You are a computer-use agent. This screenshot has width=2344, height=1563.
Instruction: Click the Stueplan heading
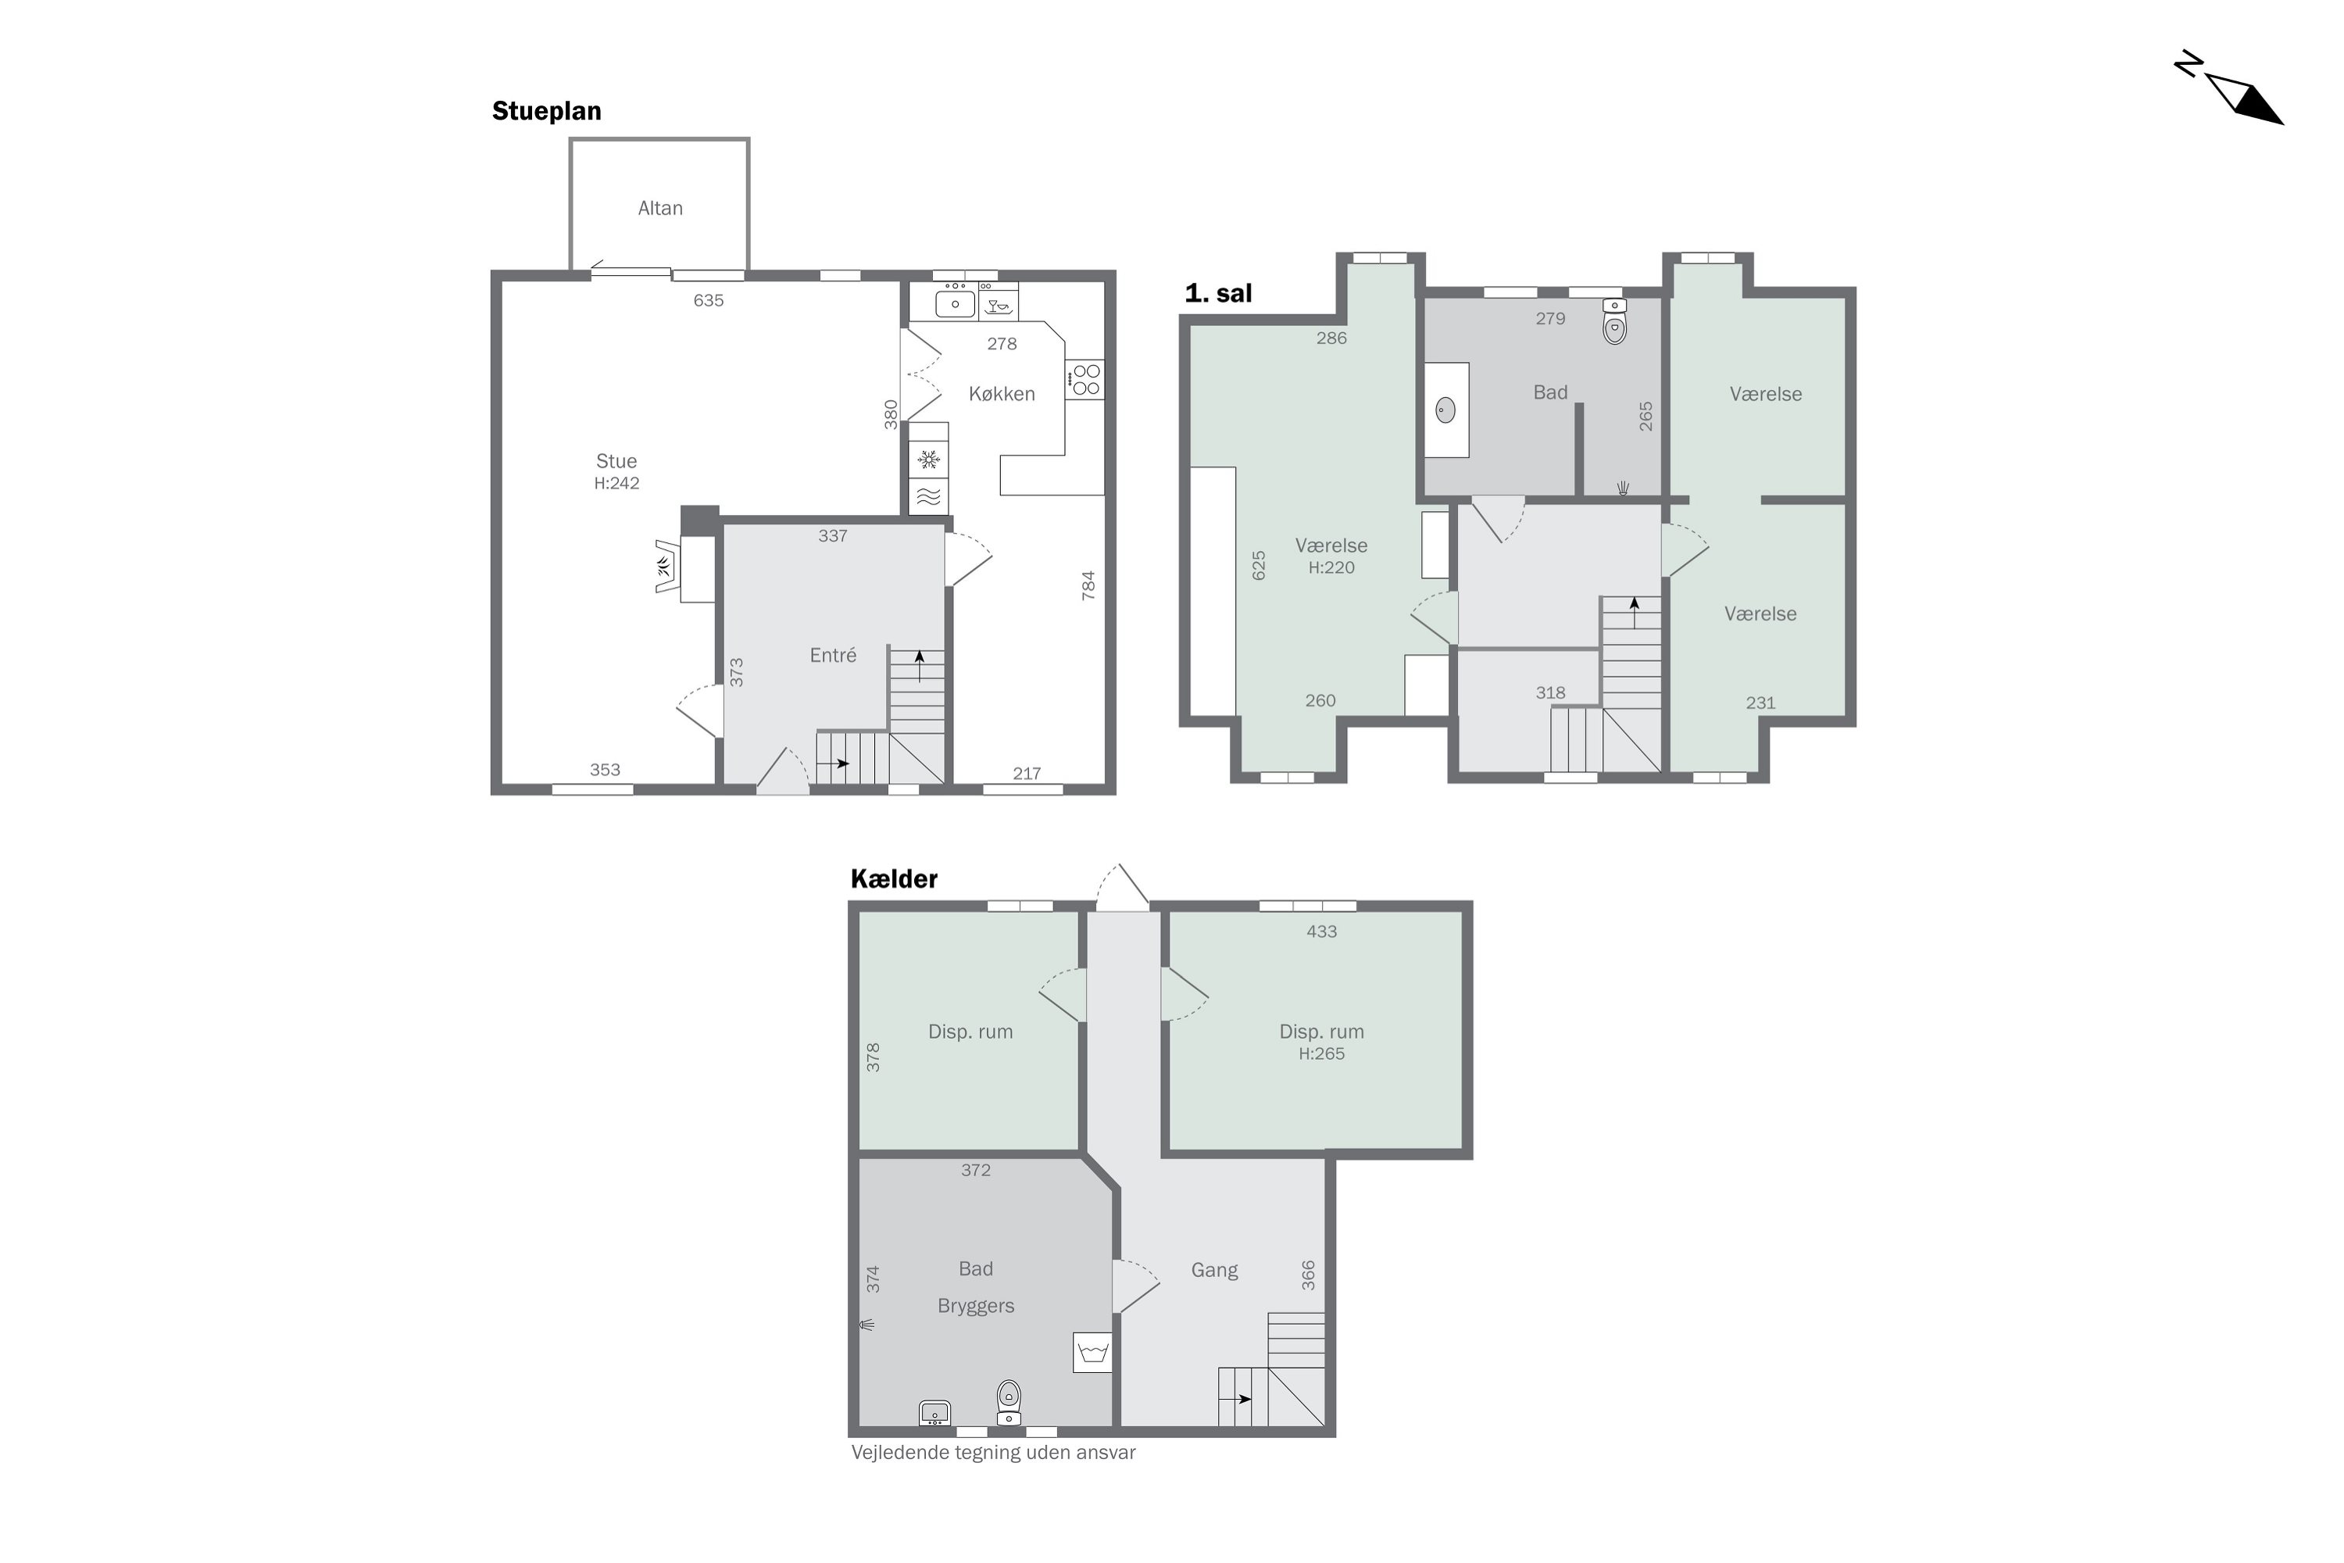[546, 111]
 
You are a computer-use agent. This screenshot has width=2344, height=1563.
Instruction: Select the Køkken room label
[1002, 394]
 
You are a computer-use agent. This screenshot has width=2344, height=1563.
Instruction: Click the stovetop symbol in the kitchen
[1085, 380]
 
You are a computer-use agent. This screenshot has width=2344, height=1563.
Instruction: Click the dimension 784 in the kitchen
[1088, 585]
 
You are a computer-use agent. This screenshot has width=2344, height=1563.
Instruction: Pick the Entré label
[833, 655]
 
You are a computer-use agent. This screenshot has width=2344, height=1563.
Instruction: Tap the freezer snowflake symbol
[929, 460]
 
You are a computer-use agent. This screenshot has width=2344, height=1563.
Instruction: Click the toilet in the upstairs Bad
[1614, 322]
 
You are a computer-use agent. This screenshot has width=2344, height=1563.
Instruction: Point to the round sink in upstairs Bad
[1445, 410]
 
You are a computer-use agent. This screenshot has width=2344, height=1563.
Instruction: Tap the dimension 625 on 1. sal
[1259, 565]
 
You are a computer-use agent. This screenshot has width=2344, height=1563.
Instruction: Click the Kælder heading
[894, 879]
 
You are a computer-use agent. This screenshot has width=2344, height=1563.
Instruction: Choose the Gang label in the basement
[1214, 1270]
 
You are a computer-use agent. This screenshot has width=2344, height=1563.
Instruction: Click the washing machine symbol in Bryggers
[1092, 1353]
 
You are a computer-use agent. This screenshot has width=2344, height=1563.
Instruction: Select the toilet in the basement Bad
[1009, 1400]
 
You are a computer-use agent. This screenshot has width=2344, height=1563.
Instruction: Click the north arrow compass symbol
[2239, 98]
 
